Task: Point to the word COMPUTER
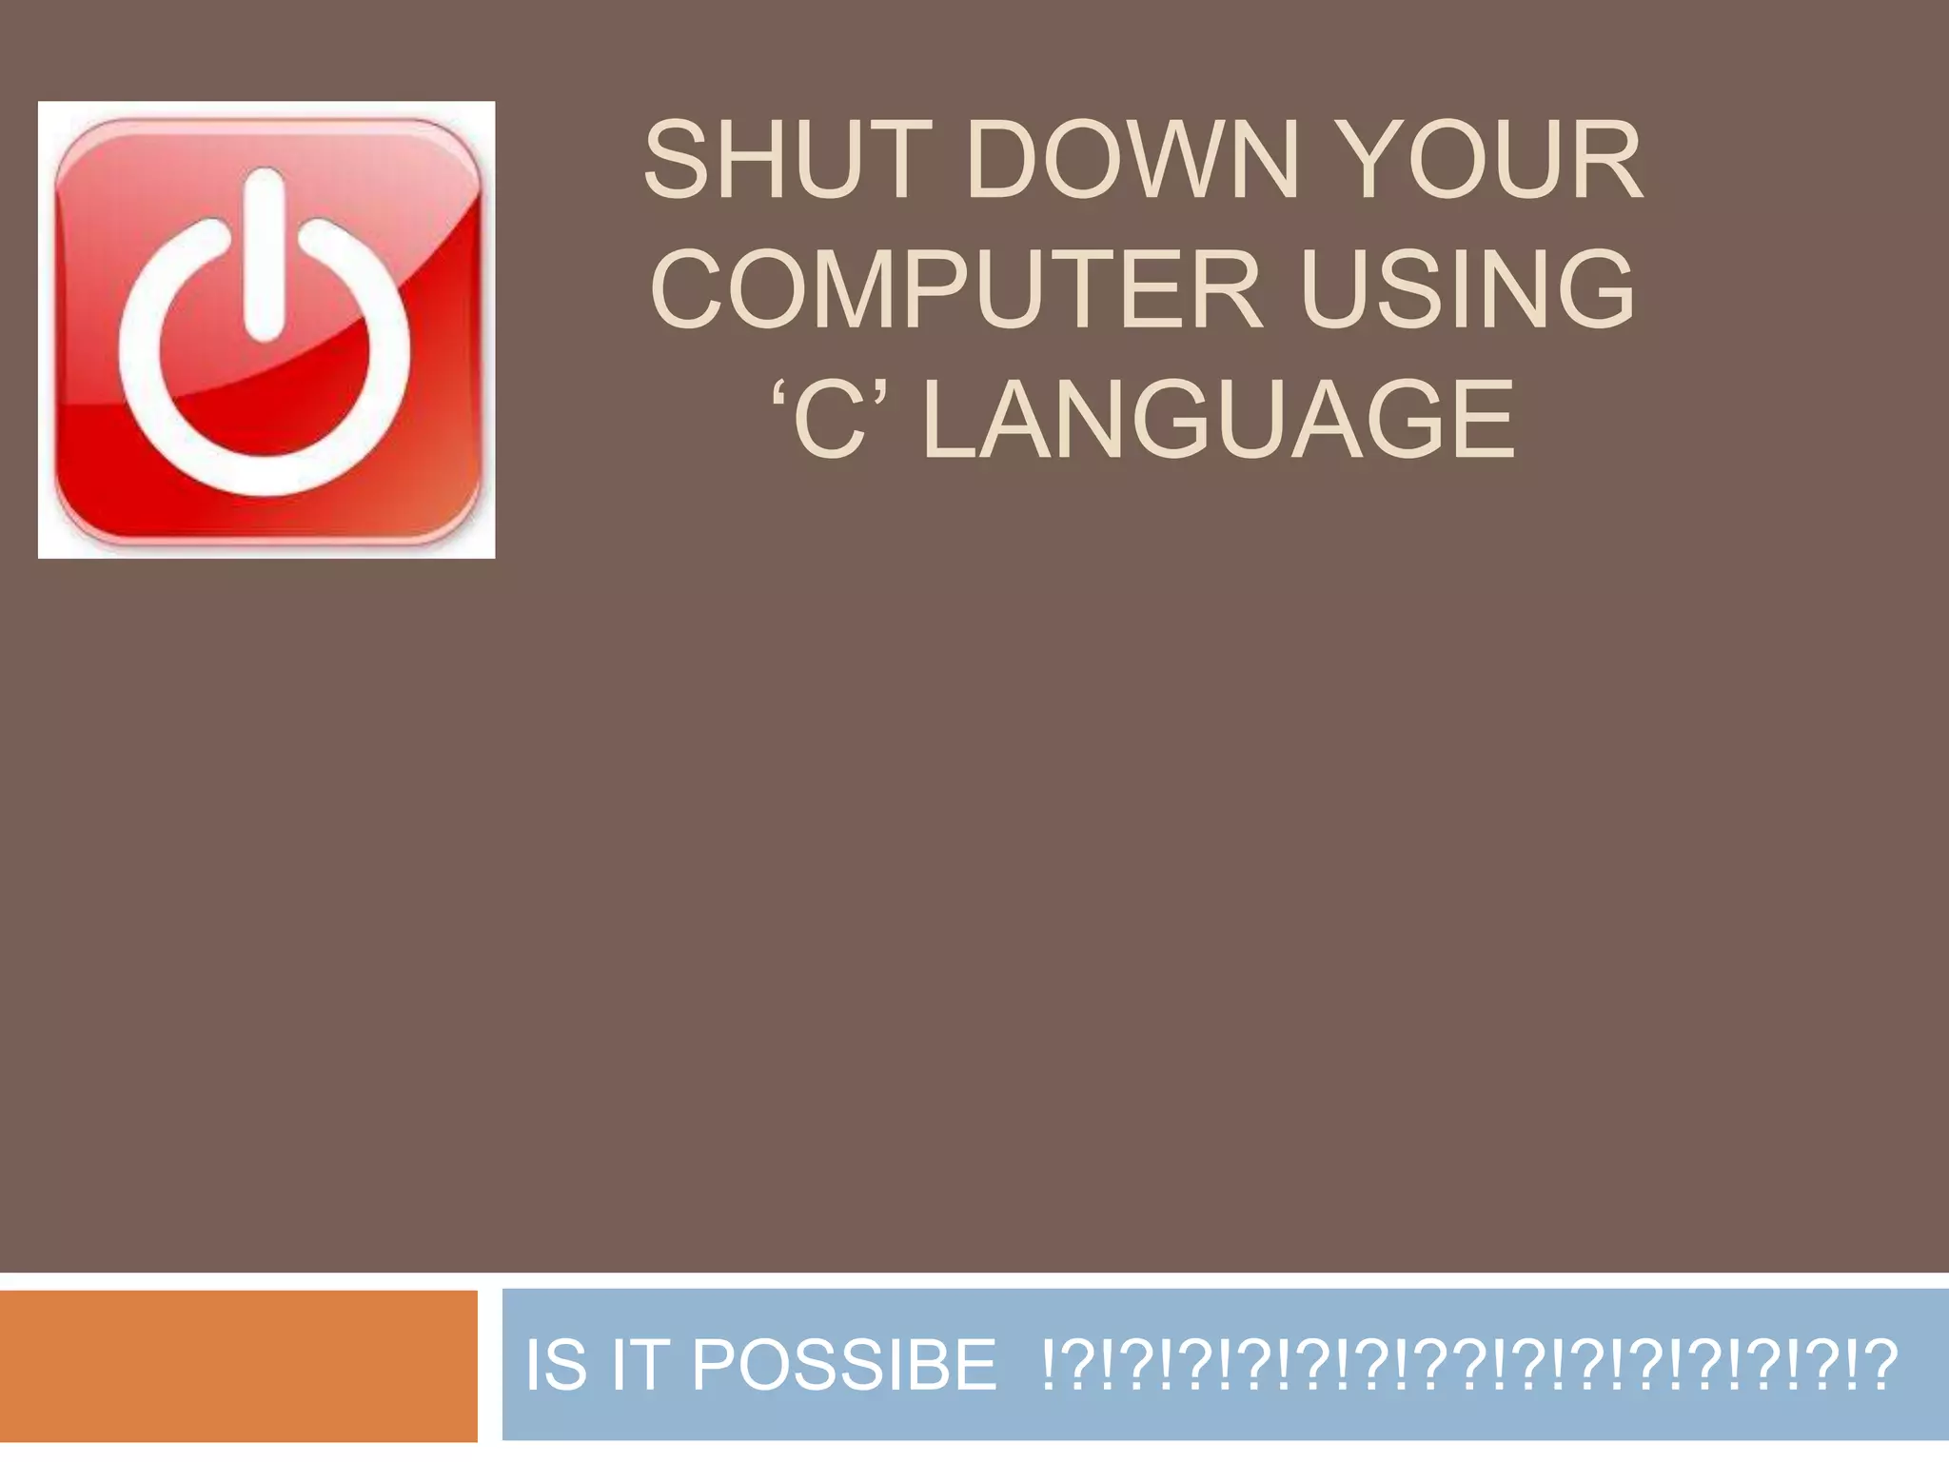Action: [956, 289]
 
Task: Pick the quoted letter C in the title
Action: [831, 420]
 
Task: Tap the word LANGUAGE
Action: [1218, 420]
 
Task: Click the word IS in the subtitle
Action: [556, 1365]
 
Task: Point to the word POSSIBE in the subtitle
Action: [844, 1365]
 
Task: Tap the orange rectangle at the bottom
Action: [238, 1366]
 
